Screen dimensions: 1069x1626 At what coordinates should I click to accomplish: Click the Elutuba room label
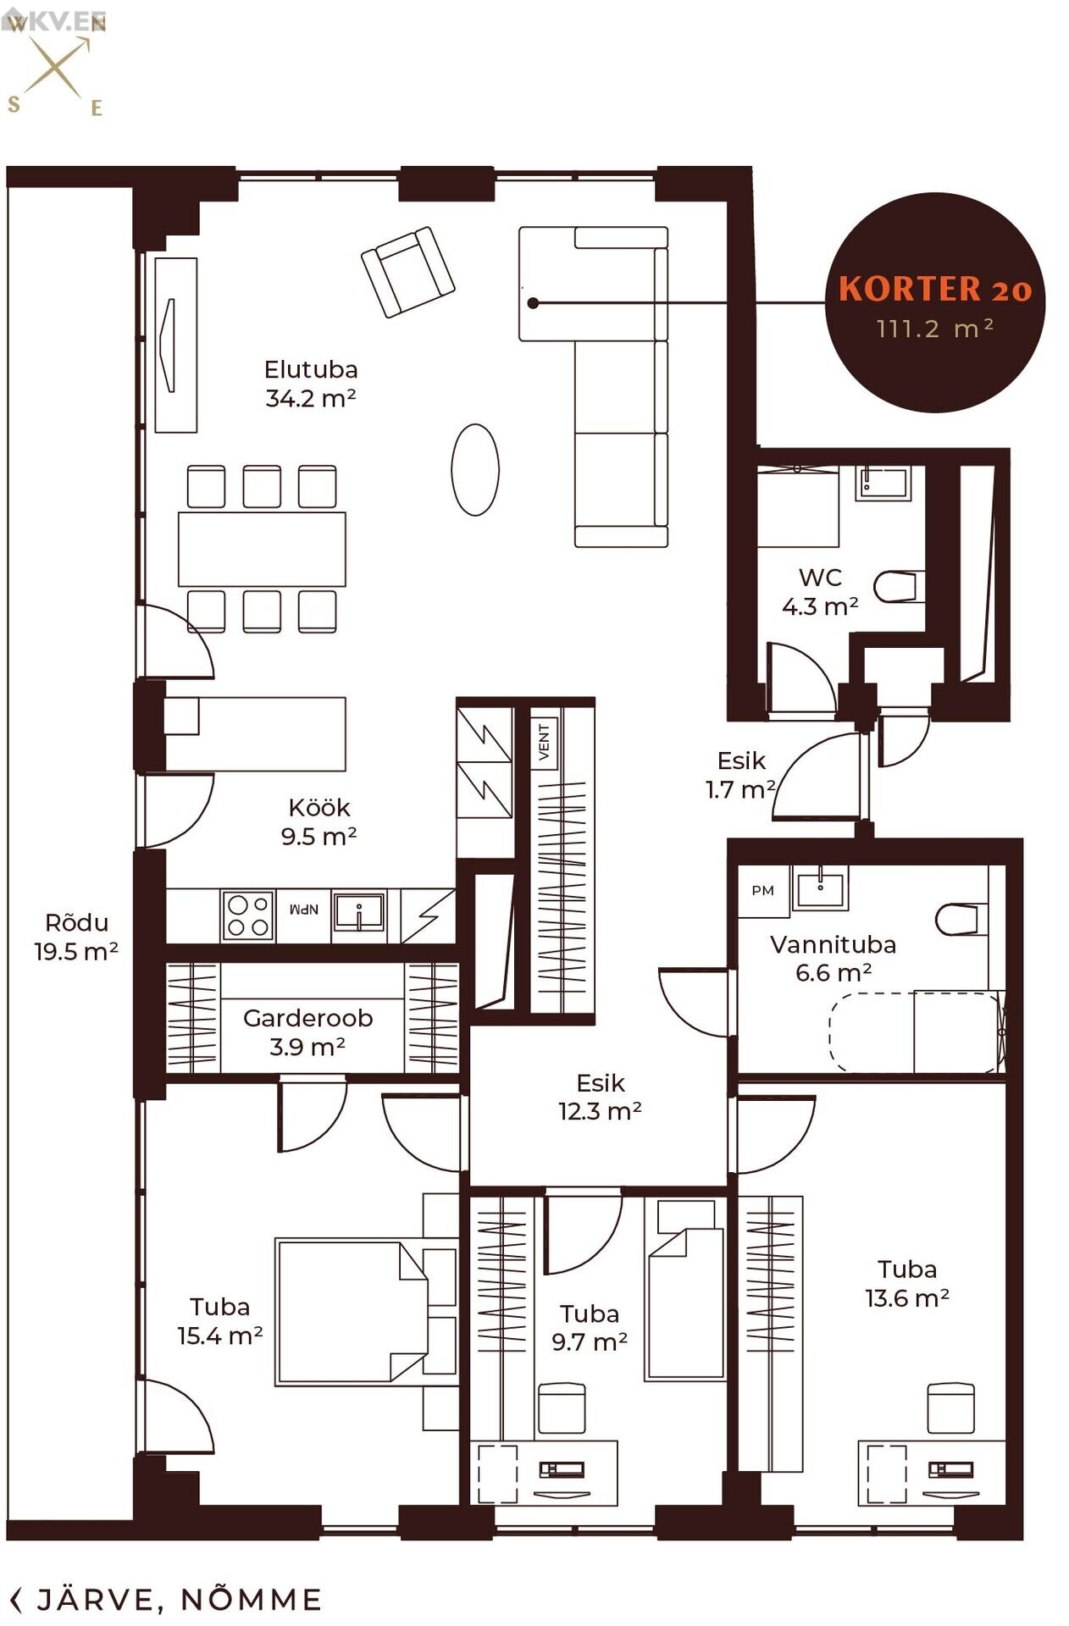311,369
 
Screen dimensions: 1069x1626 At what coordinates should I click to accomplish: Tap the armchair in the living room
407,272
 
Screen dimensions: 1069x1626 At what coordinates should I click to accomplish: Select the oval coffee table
475,469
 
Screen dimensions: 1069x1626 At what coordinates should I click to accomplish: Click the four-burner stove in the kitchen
247,915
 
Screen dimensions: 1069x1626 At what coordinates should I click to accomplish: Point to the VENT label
544,742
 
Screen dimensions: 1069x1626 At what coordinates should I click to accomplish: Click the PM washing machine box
763,890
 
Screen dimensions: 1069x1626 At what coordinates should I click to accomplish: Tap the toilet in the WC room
895,586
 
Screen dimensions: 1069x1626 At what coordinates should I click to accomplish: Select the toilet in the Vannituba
961,919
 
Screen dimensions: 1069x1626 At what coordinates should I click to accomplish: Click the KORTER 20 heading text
935,289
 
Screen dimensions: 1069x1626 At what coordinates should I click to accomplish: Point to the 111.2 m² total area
935,328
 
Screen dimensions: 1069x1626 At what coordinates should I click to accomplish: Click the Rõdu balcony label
77,922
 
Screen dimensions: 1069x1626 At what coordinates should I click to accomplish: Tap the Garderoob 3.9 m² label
307,1031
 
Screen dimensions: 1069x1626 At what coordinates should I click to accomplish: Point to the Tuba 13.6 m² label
907,1283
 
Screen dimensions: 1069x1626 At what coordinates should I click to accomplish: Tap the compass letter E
97,108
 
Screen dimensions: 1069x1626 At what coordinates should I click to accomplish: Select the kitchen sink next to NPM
358,914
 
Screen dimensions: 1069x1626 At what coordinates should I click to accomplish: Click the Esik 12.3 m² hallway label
600,1097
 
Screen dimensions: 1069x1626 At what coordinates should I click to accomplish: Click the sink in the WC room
883,483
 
